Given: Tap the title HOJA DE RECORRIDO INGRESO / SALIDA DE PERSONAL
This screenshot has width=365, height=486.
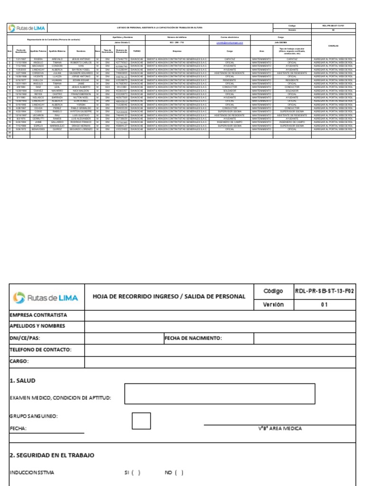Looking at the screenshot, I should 169,296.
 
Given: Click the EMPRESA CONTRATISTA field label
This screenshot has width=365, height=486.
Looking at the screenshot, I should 39,315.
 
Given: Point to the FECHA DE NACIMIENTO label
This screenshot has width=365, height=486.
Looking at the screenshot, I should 193,338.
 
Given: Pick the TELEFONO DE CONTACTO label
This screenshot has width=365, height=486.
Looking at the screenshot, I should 41,350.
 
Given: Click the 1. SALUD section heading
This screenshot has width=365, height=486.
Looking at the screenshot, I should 23,381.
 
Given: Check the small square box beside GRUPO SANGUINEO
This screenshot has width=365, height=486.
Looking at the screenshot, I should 141,421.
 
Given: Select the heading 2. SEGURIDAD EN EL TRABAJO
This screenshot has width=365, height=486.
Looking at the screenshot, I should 52,455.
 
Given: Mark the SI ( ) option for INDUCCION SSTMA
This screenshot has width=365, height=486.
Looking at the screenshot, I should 133,473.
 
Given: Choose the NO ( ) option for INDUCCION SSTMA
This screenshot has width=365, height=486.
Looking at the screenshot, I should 174,473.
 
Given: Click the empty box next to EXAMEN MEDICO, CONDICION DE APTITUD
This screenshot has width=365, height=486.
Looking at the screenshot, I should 219,393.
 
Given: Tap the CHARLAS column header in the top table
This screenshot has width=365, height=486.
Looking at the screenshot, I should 333,46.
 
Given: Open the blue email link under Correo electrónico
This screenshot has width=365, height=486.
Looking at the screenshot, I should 230,42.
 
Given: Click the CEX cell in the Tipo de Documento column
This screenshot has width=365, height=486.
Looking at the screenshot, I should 107,87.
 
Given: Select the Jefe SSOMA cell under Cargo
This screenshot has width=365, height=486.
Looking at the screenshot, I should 280,42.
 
